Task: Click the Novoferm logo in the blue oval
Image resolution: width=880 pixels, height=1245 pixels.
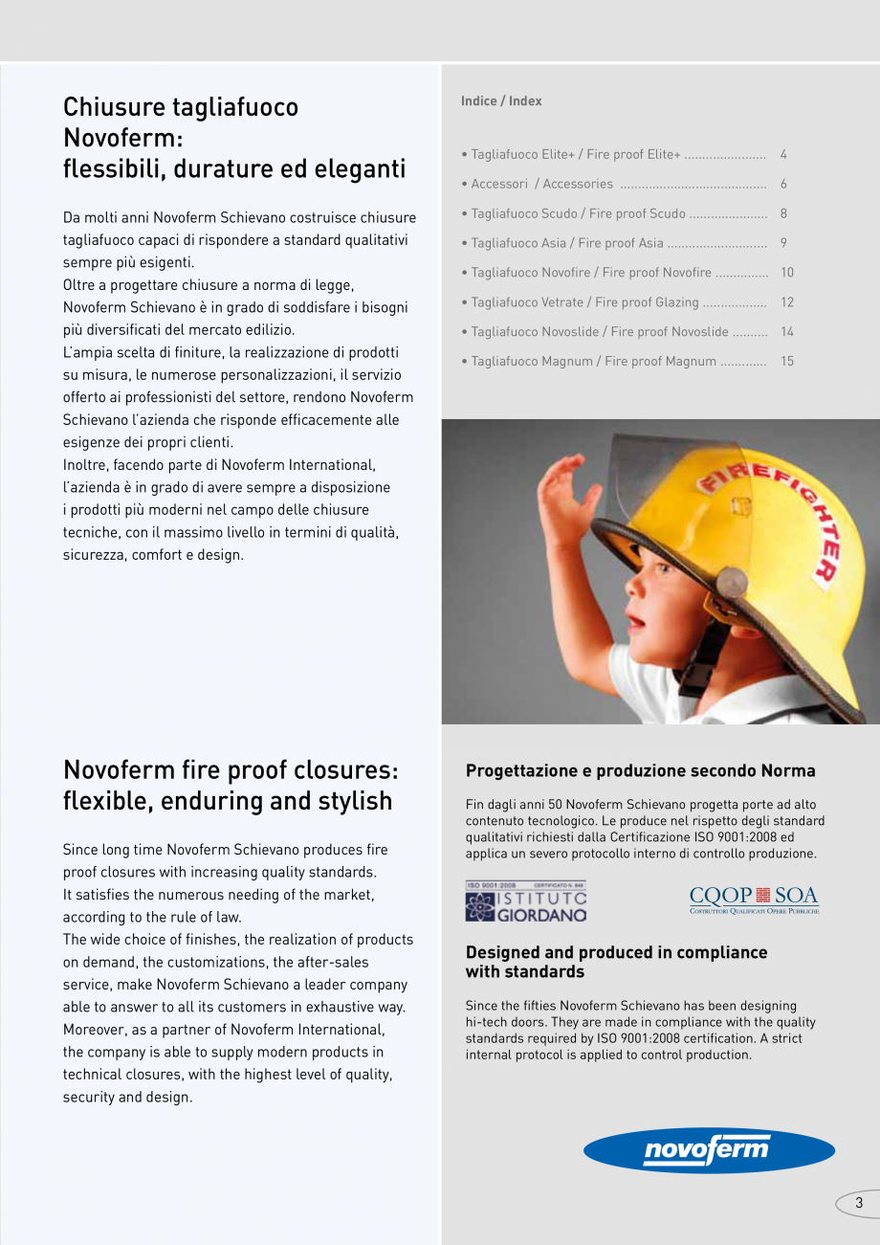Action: [709, 1149]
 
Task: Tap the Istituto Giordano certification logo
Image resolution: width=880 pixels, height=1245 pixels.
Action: [525, 901]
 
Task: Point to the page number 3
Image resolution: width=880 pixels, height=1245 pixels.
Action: [858, 1203]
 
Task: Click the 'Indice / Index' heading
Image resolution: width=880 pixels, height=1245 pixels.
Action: [501, 100]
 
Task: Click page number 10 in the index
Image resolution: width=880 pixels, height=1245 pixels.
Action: [787, 273]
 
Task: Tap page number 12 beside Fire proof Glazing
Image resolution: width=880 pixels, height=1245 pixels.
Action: [787, 302]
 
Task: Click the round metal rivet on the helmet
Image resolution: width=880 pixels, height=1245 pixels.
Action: [732, 582]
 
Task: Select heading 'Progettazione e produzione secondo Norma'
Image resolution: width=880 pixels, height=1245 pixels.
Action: [640, 770]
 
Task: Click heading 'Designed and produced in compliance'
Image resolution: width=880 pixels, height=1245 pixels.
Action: [616, 952]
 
